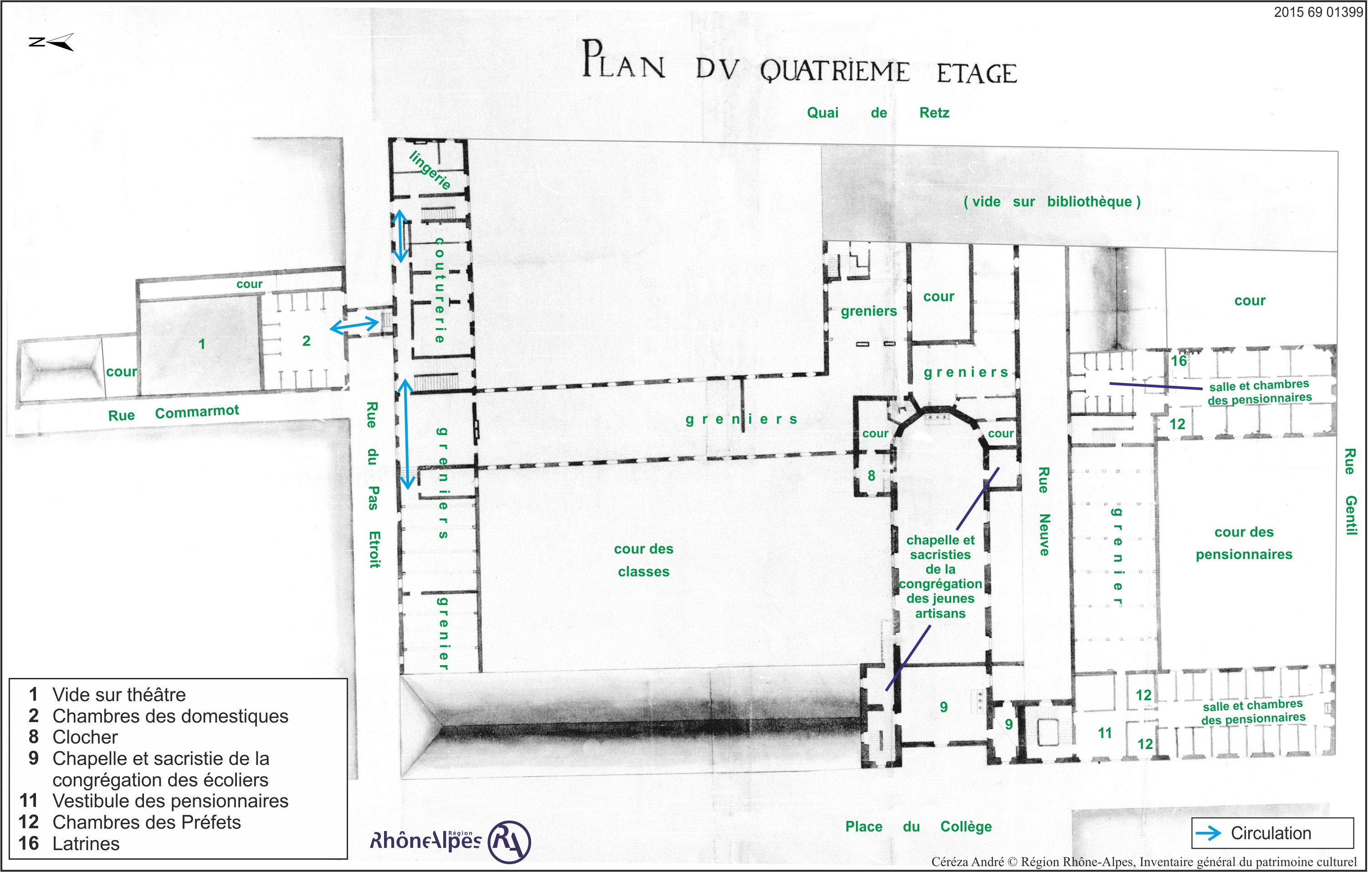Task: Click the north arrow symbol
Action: (51, 42)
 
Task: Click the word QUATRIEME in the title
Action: (835, 72)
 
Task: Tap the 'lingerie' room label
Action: (430, 170)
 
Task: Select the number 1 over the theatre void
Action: (202, 344)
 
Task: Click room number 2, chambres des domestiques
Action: (306, 341)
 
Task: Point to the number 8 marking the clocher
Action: (871, 476)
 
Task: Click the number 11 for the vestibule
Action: (1105, 734)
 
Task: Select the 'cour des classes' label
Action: (644, 560)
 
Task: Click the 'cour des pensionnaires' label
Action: (1244, 543)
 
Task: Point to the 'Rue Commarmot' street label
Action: (174, 413)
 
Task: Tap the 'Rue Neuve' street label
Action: (1044, 511)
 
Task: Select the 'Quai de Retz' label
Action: (878, 113)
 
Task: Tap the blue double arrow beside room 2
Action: (354, 325)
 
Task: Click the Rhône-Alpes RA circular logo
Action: (510, 842)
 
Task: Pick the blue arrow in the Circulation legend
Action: (1209, 833)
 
